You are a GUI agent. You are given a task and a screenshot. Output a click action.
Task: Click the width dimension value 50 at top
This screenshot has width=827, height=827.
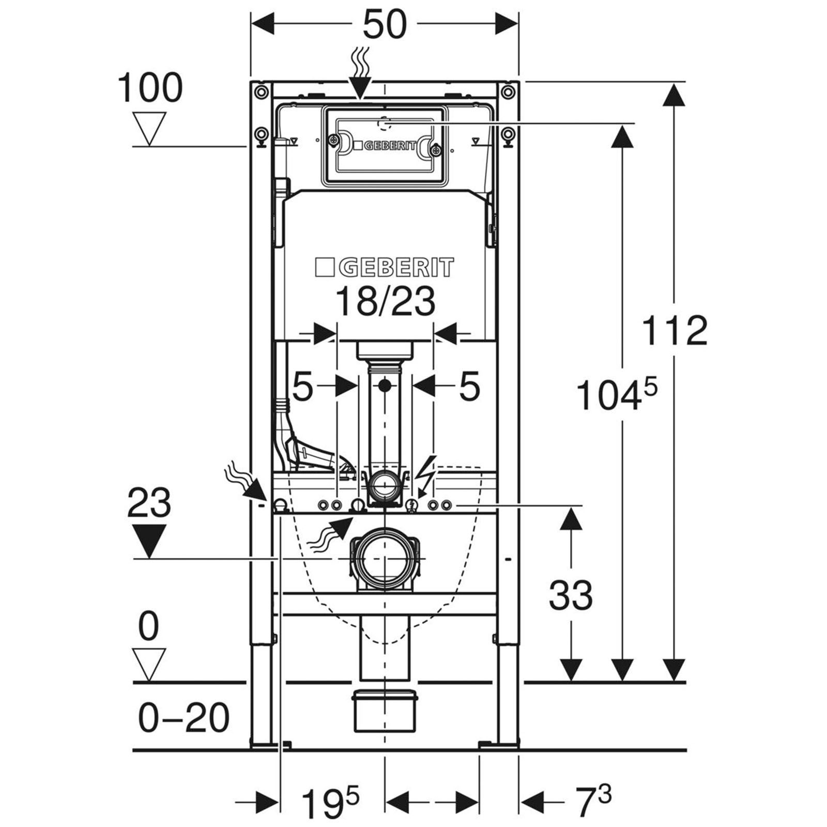point(385,24)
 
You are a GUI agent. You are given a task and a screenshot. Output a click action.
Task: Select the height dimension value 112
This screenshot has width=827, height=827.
point(675,330)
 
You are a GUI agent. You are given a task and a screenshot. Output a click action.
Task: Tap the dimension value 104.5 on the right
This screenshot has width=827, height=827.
point(616,394)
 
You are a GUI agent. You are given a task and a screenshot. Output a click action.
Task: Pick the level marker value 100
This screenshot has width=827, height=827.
point(150,87)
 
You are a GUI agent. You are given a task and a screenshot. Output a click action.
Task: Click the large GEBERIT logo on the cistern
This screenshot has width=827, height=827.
point(385,267)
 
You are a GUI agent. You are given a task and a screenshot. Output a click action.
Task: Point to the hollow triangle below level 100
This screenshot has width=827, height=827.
point(149,129)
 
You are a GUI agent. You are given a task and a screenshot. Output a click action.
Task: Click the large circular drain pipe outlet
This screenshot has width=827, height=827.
point(385,559)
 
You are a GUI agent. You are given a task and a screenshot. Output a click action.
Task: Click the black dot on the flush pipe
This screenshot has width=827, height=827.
point(385,385)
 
